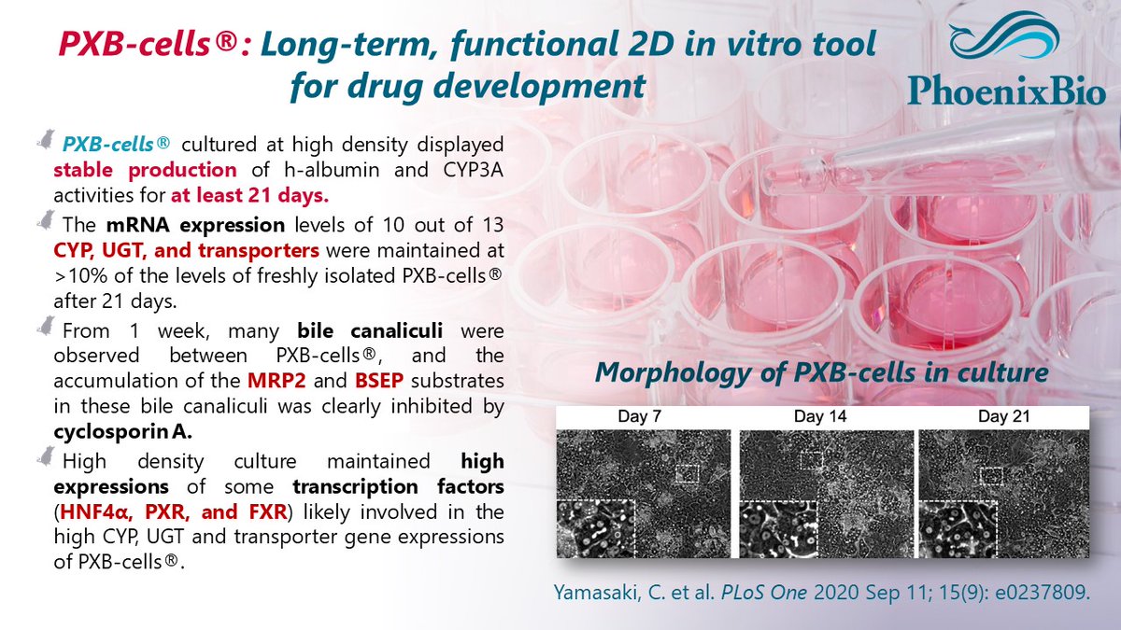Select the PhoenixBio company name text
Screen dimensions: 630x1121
click(1007, 91)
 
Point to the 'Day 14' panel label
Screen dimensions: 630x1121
click(825, 416)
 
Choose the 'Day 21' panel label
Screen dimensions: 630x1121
click(1004, 416)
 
